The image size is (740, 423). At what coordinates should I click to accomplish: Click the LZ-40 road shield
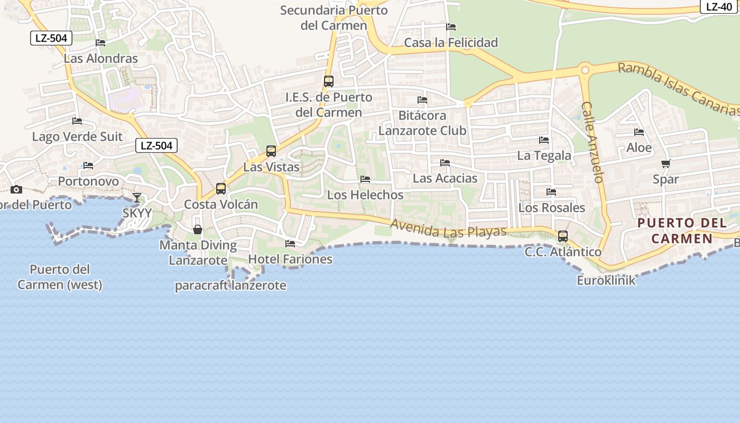click(x=719, y=7)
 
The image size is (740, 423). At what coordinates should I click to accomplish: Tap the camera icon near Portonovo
click(x=16, y=189)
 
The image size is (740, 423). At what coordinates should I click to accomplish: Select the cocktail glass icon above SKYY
click(x=137, y=198)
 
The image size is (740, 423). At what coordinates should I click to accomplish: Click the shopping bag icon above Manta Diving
click(x=198, y=229)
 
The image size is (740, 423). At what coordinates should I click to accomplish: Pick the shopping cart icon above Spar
click(x=665, y=164)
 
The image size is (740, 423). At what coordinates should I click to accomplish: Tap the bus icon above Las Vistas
click(x=271, y=151)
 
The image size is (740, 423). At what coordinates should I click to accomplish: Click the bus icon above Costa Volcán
click(x=221, y=189)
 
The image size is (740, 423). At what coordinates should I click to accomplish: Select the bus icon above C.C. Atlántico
click(x=563, y=236)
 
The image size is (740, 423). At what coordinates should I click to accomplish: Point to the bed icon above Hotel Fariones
click(x=290, y=244)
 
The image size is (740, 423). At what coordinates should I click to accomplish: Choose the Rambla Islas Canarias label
click(x=679, y=89)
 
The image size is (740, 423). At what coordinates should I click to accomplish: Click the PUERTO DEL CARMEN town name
click(x=682, y=231)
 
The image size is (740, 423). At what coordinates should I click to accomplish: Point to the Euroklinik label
click(x=606, y=280)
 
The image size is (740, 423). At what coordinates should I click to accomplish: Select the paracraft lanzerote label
click(x=230, y=286)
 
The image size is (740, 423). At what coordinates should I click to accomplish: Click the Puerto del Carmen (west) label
click(x=60, y=277)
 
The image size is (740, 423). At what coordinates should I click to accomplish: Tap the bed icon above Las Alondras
click(x=100, y=43)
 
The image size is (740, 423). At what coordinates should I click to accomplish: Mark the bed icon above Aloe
click(x=639, y=132)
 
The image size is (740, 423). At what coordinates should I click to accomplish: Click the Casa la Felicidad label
click(x=451, y=42)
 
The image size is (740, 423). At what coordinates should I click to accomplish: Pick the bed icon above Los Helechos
click(x=365, y=179)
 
